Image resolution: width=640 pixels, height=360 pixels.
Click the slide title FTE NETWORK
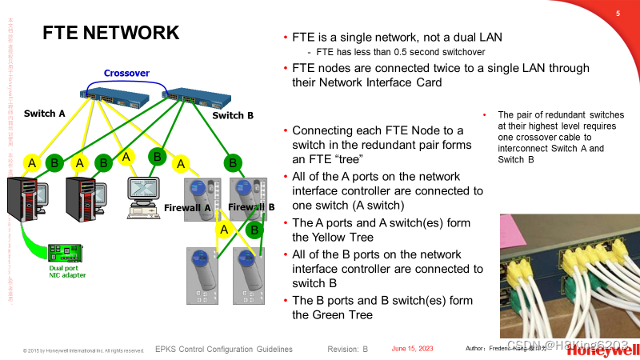[110, 33]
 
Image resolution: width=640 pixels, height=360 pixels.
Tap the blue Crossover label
[126, 73]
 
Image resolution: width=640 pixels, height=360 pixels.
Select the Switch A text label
[44, 114]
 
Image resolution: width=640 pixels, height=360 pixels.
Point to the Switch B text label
[233, 116]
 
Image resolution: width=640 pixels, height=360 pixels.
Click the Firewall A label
[186, 208]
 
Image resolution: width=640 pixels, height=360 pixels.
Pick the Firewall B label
[251, 207]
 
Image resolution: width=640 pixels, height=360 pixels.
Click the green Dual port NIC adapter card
[65, 252]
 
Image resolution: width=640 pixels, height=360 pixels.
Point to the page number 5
[618, 14]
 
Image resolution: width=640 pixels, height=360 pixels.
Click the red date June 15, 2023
[412, 349]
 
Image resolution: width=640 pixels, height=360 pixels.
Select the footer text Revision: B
[348, 350]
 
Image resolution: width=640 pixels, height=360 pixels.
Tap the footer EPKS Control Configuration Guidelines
[223, 350]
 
